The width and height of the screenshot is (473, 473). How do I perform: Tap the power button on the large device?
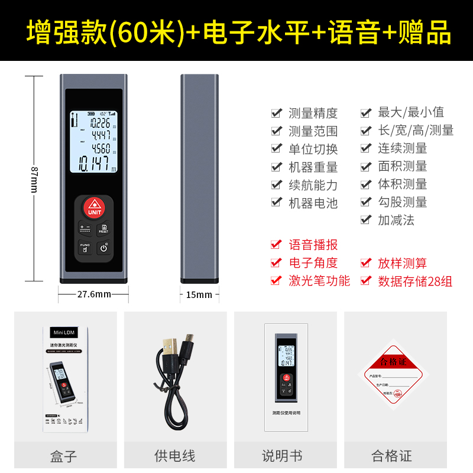[x=104, y=248]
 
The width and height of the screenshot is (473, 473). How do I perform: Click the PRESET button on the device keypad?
[x=104, y=229]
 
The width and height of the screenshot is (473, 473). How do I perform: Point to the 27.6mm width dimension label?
[x=94, y=294]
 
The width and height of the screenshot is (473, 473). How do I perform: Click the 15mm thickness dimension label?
[x=199, y=294]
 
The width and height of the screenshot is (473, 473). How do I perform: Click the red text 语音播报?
[x=313, y=245]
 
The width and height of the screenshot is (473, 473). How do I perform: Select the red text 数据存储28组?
[x=415, y=281]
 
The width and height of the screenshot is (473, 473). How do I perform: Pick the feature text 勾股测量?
[x=402, y=202]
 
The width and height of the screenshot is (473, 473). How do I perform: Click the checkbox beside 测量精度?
[x=276, y=112]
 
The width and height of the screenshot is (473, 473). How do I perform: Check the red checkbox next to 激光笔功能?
[x=276, y=280]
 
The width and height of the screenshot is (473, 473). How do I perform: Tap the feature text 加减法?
[x=396, y=220]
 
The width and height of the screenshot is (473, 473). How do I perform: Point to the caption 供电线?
[x=175, y=456]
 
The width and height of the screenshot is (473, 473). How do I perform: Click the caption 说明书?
[x=282, y=456]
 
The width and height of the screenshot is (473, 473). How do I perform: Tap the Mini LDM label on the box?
[x=65, y=333]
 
